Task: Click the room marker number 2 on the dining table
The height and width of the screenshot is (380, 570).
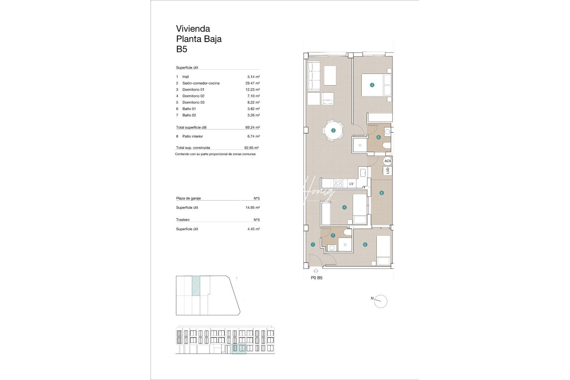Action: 333,131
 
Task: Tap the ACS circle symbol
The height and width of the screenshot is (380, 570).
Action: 387,161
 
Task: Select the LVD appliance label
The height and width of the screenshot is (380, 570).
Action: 388,171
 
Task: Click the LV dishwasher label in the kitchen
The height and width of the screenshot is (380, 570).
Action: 351,184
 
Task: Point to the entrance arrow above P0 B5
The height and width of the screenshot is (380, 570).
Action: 316,271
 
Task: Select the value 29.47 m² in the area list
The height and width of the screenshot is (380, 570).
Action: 253,83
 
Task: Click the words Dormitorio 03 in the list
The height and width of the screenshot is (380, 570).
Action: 193,102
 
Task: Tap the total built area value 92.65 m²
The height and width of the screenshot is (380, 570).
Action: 252,148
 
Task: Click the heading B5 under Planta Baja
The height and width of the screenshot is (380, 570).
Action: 182,49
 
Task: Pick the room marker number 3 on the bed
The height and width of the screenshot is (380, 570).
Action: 372,85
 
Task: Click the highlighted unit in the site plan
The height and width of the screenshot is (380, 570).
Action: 196,285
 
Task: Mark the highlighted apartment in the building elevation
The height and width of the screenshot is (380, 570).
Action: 239,348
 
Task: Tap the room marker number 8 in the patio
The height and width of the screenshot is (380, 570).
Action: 381,193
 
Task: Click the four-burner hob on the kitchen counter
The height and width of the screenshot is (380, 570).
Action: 338,183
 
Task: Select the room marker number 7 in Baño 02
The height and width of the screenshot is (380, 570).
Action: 333,235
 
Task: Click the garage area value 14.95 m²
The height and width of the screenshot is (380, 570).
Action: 253,208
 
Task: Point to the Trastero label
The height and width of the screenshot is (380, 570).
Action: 183,220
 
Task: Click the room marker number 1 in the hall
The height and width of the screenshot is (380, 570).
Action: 313,245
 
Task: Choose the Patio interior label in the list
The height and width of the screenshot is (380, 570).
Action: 192,137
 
